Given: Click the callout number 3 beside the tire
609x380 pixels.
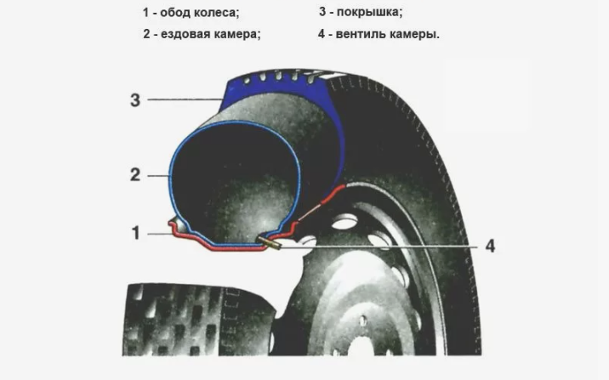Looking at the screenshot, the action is [x=134, y=99].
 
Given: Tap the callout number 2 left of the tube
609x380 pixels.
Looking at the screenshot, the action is [x=134, y=174].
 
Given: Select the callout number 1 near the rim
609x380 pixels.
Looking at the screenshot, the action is [x=135, y=233].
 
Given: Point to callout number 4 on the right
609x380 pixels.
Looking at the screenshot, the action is [x=490, y=246].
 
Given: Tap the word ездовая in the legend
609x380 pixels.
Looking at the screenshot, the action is [x=185, y=34].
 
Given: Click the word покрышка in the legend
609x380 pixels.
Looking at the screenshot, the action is [x=369, y=13].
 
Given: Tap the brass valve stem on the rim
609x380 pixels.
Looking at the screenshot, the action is [x=271, y=244].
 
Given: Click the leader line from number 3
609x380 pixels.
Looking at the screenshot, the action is [x=185, y=99].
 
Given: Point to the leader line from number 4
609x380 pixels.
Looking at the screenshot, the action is [x=381, y=246].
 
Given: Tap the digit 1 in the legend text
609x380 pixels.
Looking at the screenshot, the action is [x=145, y=13].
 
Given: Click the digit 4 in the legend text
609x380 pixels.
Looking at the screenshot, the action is [x=322, y=34].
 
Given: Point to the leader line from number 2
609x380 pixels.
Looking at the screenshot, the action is [x=158, y=175].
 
